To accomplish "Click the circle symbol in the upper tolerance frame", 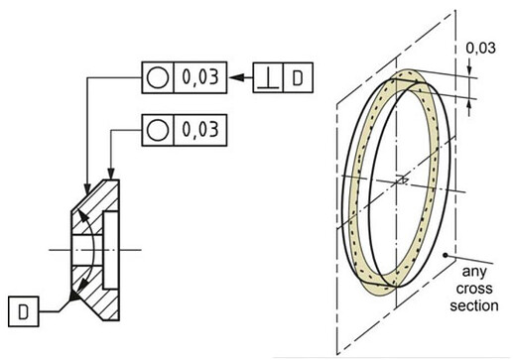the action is point(158,77).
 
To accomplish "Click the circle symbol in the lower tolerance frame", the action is point(158,130).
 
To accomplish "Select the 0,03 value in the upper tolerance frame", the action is point(200,77).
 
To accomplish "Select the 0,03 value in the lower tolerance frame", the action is point(200,130).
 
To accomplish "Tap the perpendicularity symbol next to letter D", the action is point(268,79).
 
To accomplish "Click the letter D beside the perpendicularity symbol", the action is point(298,78).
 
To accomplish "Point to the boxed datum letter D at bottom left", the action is point(23,311).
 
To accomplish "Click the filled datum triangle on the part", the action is point(73,295).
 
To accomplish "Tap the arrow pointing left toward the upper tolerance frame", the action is point(241,77).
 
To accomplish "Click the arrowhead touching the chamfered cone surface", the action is point(87,188).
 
